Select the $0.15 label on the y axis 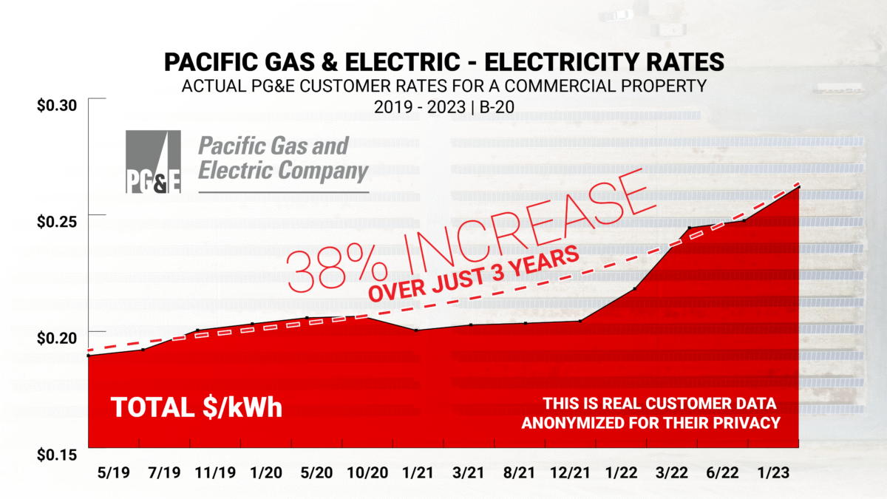57,453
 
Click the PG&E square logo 154,162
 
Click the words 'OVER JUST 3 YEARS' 473,273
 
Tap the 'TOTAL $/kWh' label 197,407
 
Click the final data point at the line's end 798,187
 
